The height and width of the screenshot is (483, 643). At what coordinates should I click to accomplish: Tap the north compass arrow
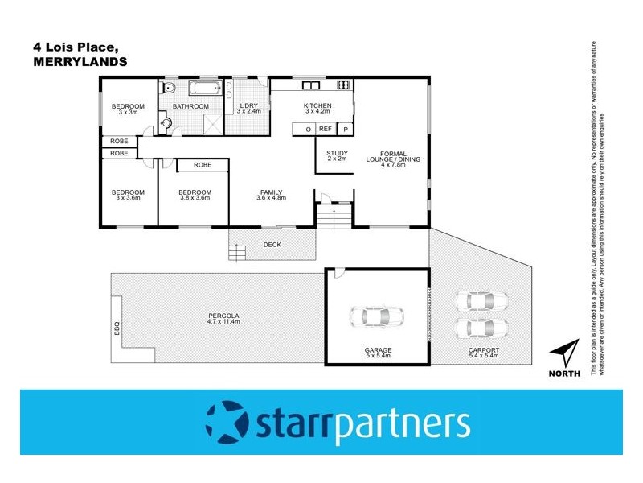pyautogui.click(x=565, y=354)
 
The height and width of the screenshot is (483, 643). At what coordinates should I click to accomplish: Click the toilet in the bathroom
pyautogui.click(x=169, y=89)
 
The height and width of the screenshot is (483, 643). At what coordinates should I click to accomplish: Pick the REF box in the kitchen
pyautogui.click(x=326, y=129)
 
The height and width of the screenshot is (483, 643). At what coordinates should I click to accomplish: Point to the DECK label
pyautogui.click(x=272, y=245)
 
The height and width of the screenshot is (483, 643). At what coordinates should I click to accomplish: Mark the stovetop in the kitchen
pyautogui.click(x=343, y=85)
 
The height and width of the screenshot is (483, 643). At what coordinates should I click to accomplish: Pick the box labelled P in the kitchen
pyautogui.click(x=346, y=129)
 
